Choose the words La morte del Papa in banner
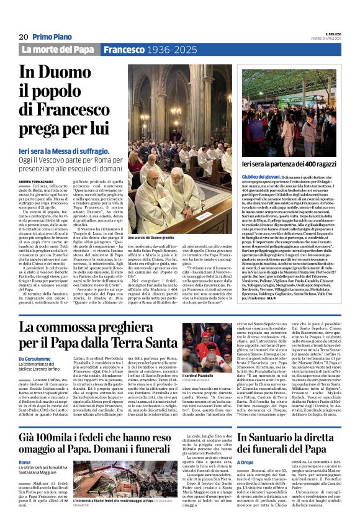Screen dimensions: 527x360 pyautogui.click(x=58, y=49)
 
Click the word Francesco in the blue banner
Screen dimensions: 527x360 pyautogui.click(x=124, y=49)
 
